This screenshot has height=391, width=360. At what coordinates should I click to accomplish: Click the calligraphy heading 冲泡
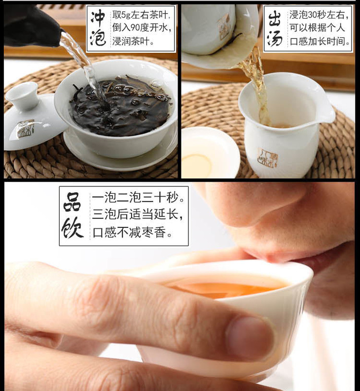pyautogui.click(x=98, y=28)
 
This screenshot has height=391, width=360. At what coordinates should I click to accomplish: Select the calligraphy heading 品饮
pyautogui.click(x=73, y=215)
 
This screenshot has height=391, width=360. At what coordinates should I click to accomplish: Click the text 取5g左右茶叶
pyautogui.click(x=142, y=15)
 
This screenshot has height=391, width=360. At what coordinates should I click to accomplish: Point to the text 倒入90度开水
pyautogui.click(x=142, y=28)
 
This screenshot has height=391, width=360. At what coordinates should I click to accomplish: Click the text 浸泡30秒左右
pyautogui.click(x=319, y=15)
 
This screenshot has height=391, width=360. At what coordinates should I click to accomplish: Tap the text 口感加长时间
pyautogui.click(x=320, y=41)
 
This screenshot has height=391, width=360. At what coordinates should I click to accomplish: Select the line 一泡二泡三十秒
pyautogui.click(x=139, y=198)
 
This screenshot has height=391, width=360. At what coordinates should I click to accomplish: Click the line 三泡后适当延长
pyautogui.click(x=137, y=215)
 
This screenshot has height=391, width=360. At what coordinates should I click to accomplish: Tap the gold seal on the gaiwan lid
pyautogui.click(x=26, y=129)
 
